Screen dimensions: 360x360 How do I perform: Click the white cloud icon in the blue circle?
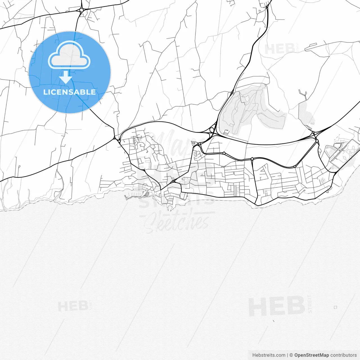[69, 55]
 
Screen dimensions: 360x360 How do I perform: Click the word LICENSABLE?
[69, 92]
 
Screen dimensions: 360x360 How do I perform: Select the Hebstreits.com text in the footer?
[269, 355]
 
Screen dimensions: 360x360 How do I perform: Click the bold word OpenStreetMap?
[311, 355]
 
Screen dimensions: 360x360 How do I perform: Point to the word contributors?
[343, 355]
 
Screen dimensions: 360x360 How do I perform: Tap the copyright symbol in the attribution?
[291, 355]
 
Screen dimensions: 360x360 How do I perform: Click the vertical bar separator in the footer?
[288, 355]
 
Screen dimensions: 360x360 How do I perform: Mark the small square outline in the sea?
[335, 307]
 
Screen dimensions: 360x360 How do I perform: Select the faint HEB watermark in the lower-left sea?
[74, 306]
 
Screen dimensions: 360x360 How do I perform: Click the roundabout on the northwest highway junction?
[81, 10]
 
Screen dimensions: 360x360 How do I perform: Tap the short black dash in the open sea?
[273, 320]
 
